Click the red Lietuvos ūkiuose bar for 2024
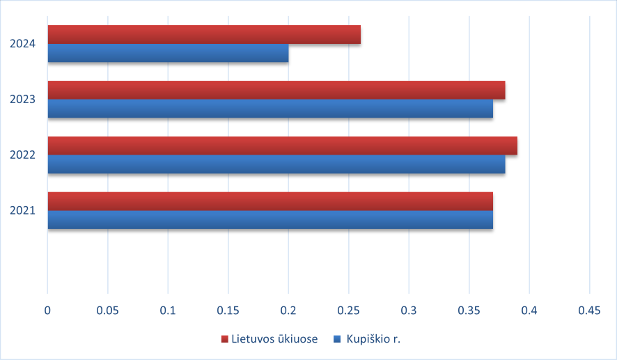[x=204, y=35]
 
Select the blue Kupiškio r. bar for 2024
[x=168, y=54]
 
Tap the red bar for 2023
[x=276, y=91]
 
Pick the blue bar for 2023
[x=270, y=109]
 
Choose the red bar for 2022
[x=282, y=146]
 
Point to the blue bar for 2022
[x=276, y=164]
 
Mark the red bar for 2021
[x=270, y=201]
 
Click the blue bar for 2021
[x=270, y=219]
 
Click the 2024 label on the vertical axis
[x=22, y=44]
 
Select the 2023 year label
[x=22, y=100]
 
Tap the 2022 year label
[x=22, y=155]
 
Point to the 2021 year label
[x=22, y=210]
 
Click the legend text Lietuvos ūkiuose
[x=275, y=339]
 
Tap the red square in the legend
[x=225, y=339]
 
